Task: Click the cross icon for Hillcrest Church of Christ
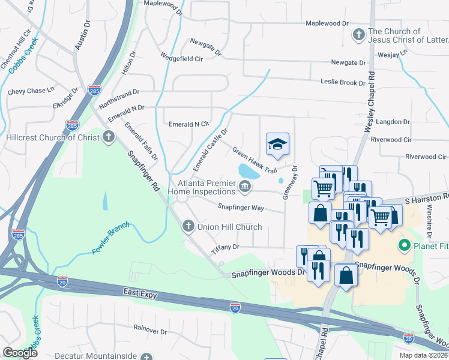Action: [x=109, y=137]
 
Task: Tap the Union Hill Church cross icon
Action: [x=188, y=227]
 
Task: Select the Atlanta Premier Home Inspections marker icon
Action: [x=245, y=187]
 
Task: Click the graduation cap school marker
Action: [x=277, y=144]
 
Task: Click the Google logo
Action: [x=20, y=353]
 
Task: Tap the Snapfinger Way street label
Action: [x=241, y=208]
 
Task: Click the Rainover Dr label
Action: [x=150, y=331]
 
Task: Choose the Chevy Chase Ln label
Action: [x=31, y=92]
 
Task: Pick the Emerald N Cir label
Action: [x=188, y=124]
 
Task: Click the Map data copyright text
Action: [x=423, y=355]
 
